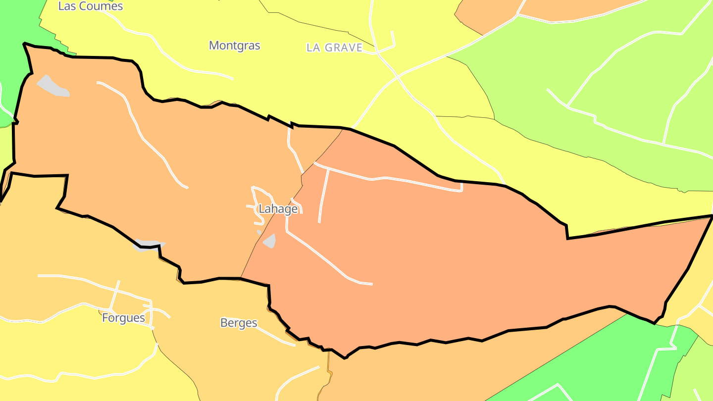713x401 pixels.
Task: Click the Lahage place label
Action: [278, 209]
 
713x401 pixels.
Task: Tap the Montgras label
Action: [234, 46]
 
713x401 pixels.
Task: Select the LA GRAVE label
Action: [334, 48]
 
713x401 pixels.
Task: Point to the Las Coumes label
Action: [90, 6]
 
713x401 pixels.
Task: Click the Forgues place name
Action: [123, 318]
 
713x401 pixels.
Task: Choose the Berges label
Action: [239, 323]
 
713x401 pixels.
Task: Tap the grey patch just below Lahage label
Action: [270, 241]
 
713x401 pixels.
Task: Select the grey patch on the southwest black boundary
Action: [147, 245]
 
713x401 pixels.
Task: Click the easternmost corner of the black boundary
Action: [712, 216]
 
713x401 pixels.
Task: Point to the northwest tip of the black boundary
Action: [24, 44]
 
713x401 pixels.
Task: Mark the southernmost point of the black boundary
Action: [345, 357]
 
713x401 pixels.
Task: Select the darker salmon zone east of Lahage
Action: [446, 257]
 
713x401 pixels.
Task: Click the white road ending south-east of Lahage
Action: [371, 284]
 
